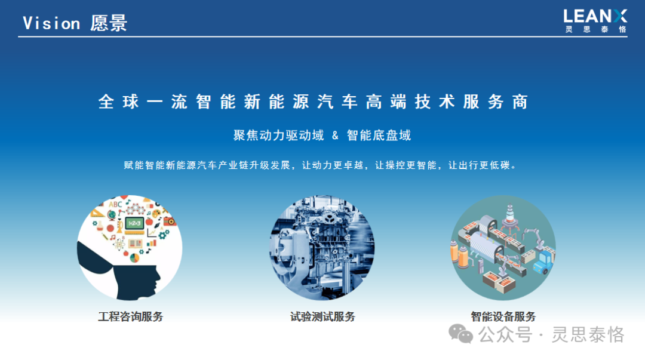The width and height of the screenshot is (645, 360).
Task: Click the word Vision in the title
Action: (x=51, y=23)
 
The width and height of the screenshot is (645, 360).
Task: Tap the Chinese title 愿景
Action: (x=109, y=23)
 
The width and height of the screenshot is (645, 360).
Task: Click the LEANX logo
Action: (x=595, y=17)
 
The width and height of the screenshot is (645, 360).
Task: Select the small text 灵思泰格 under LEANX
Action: (x=595, y=29)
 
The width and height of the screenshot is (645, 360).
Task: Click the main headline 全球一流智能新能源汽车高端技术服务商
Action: (x=313, y=101)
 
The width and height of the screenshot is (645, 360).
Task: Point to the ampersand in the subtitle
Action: (x=335, y=136)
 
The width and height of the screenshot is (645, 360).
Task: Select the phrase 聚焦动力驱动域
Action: (x=278, y=136)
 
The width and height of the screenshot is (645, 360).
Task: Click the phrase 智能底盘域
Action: (x=379, y=136)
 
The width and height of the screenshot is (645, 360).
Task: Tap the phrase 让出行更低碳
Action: (x=479, y=165)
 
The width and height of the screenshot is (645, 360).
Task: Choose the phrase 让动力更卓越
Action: (x=333, y=165)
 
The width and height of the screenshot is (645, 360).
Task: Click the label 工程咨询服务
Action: (x=131, y=316)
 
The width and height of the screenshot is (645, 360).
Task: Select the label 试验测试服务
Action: (x=322, y=316)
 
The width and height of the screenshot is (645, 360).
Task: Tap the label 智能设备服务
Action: (x=503, y=316)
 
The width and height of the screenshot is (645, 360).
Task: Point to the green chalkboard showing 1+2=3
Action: (x=134, y=223)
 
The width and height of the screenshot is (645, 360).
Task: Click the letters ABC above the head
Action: (x=116, y=204)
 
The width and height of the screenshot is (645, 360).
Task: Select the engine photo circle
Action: (x=322, y=248)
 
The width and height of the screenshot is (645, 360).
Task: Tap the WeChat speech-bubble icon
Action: (x=460, y=334)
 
